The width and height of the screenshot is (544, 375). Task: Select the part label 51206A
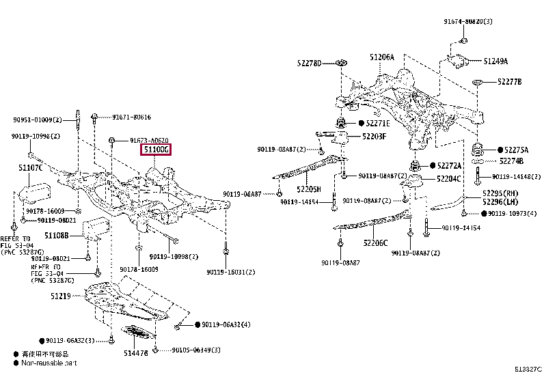click(382, 57)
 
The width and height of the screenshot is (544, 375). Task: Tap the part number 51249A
click(495, 61)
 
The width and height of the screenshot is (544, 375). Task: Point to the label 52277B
click(509, 81)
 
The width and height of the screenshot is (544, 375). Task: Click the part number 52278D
click(309, 63)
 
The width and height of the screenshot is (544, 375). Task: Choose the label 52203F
click(374, 136)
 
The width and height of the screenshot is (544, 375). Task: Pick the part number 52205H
click(308, 189)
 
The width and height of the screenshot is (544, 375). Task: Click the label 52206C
click(375, 242)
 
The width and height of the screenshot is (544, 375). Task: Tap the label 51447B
click(135, 352)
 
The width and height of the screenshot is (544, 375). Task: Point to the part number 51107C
click(30, 167)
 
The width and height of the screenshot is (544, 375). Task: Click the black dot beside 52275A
click(500, 150)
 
